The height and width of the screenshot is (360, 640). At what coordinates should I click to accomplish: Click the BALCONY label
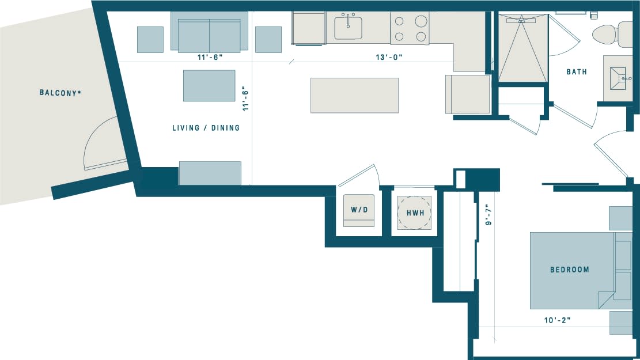60,92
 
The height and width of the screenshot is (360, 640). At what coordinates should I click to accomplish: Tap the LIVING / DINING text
206,128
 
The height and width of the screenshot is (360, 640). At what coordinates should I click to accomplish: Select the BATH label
577,72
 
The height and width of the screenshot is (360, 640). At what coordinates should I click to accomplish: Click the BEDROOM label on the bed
569,270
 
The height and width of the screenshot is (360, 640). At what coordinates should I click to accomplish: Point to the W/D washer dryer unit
359,210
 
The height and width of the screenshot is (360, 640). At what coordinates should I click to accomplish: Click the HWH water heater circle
415,213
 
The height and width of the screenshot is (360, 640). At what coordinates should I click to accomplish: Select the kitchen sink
348,28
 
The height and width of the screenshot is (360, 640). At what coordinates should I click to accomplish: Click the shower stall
522,50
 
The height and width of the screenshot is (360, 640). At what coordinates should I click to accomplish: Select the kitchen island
354,95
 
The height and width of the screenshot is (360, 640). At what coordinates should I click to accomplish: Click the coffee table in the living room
209,85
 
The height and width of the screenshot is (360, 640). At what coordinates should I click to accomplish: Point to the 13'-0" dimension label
388,57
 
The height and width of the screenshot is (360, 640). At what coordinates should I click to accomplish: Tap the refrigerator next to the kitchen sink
310,28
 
